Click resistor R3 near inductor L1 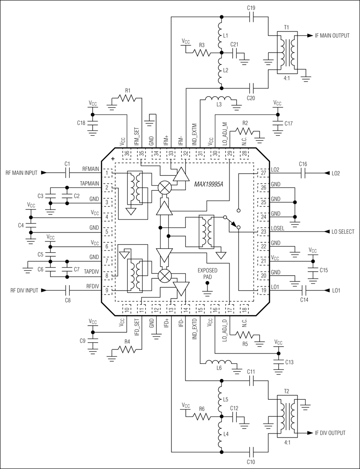(x=202, y=53)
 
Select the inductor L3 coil (x=218, y=98)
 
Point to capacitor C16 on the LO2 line (x=302, y=172)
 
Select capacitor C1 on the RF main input (x=67, y=172)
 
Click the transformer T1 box (x=286, y=53)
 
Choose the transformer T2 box (x=286, y=416)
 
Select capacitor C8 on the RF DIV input (x=68, y=290)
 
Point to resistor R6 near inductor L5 (x=202, y=416)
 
